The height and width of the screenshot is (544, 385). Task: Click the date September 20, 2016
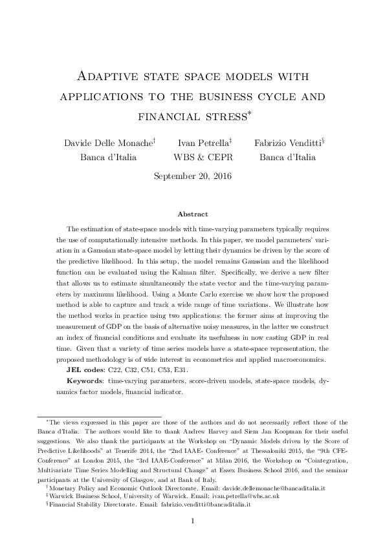(192, 175)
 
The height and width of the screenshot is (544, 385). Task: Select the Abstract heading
(192, 214)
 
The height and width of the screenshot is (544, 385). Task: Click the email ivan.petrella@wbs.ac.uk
(243, 497)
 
